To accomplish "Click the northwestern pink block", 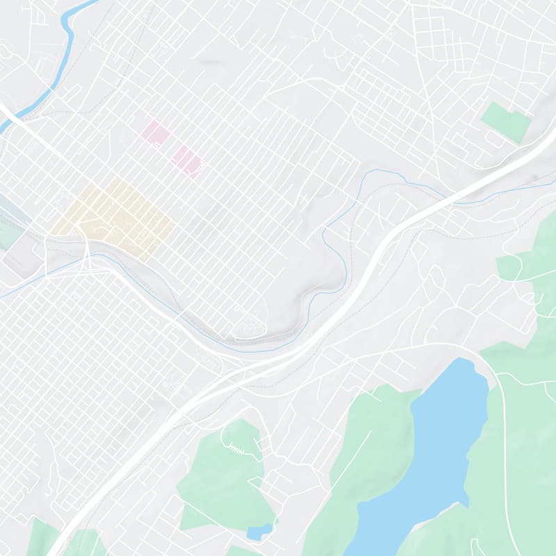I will (x=156, y=133).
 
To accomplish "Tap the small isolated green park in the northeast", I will (x=507, y=122).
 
